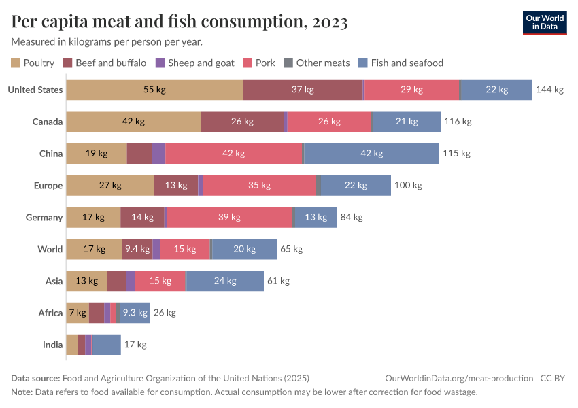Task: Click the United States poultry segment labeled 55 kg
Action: tap(154, 90)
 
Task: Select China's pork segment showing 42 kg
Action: tap(233, 154)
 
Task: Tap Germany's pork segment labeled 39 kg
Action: tap(229, 218)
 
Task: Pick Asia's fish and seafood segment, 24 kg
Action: tap(224, 281)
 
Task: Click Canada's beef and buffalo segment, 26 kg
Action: tap(242, 122)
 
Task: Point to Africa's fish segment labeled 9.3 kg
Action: tap(135, 313)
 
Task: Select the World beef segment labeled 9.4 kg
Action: tap(137, 249)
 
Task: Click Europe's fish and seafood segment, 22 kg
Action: tap(356, 186)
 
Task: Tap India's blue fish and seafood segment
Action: tap(106, 345)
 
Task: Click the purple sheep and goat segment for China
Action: tap(158, 154)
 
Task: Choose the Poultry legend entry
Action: tap(33, 63)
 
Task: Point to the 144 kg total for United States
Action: tap(549, 90)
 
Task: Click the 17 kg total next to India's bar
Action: tap(135, 345)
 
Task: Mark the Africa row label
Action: tap(51, 313)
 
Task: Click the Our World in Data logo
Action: tap(545, 22)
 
